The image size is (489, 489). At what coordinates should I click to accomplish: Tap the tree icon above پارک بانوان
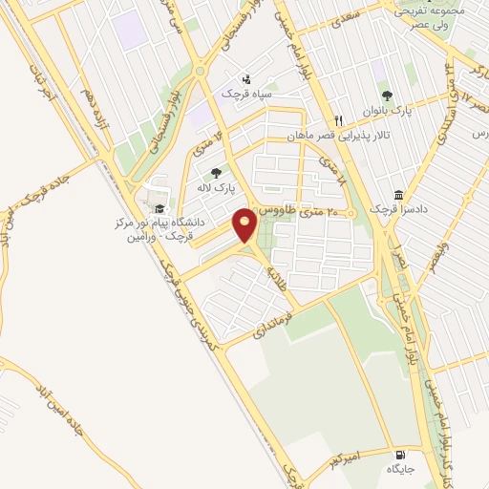pos(387,95)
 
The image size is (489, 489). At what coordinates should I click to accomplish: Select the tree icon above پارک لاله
pos(216,173)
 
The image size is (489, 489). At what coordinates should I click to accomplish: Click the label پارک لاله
pos(218,189)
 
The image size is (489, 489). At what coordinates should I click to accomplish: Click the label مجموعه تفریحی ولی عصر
pos(427,18)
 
